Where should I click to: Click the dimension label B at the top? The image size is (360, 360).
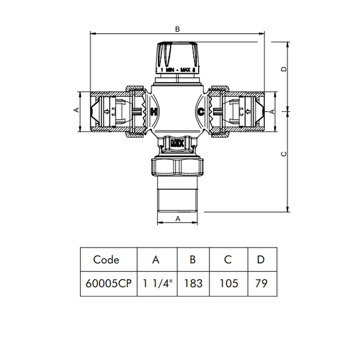pos(177,29)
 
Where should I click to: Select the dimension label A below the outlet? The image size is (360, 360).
pos(178,219)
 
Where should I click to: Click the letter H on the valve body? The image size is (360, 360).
pos(154,111)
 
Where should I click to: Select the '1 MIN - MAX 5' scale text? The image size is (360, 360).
pos(177,70)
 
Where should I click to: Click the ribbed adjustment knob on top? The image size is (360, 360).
pos(177,54)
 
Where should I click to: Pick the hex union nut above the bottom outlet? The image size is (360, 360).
pos(177,166)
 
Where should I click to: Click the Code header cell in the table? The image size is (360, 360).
pos(106,260)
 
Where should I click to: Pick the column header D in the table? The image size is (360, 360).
pos(261,260)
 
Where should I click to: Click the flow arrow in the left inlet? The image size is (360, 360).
pos(106,112)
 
